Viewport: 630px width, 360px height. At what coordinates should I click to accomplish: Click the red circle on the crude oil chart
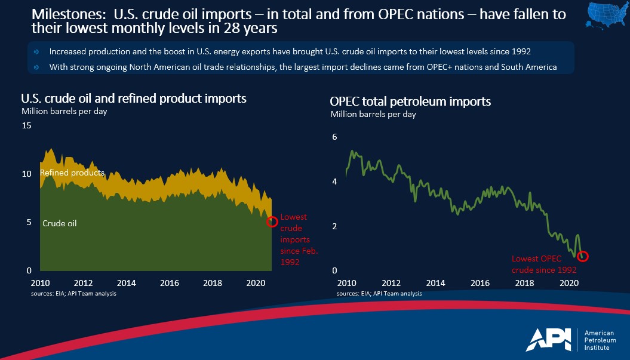(x=272, y=221)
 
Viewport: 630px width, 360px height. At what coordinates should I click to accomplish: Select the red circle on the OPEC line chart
(x=583, y=256)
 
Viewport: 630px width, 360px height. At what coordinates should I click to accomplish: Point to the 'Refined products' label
(x=72, y=173)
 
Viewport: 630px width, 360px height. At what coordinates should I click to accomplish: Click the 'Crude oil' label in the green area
(x=60, y=223)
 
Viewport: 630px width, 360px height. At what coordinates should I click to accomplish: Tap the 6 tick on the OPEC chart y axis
(x=335, y=137)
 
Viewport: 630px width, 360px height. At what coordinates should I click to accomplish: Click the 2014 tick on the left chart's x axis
(x=127, y=282)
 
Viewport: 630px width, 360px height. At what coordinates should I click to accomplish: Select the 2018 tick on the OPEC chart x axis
(x=524, y=283)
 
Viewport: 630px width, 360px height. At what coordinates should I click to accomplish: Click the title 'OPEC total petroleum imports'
(x=411, y=101)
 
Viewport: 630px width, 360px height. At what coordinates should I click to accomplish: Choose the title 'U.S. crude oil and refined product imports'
(x=134, y=99)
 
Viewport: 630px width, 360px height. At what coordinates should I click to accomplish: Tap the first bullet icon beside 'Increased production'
(x=37, y=52)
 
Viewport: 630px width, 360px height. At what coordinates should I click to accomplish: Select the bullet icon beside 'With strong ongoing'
(x=37, y=67)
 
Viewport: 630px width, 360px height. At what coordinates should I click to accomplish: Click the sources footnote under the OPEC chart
(x=379, y=293)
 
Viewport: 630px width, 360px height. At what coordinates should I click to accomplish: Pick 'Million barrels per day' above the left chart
(x=64, y=111)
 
